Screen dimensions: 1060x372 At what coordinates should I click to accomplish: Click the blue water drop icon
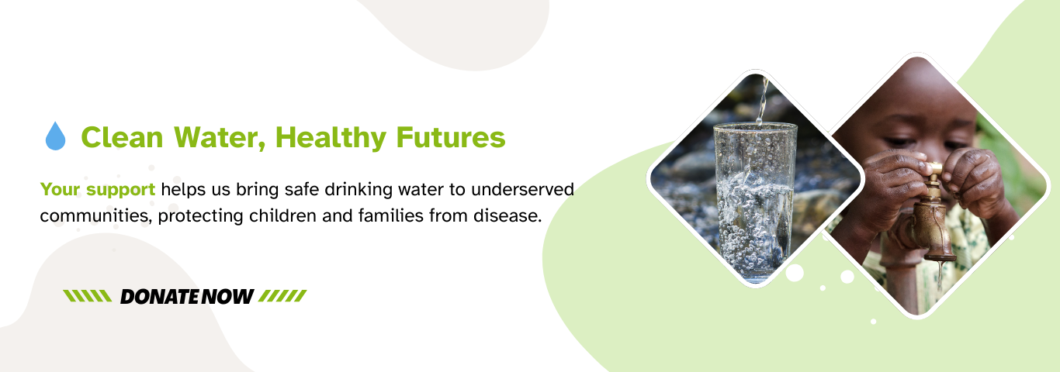pyautogui.click(x=55, y=136)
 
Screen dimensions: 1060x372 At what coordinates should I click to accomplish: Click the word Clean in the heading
pyautogui.click(x=122, y=137)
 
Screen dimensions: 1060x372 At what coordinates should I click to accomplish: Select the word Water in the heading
pyautogui.click(x=220, y=138)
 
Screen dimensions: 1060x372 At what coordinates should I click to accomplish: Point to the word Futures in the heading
pyautogui.click(x=451, y=137)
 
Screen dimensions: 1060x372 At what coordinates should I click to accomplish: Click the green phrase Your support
pyautogui.click(x=98, y=190)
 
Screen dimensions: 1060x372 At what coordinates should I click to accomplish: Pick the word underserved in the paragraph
pyautogui.click(x=522, y=189)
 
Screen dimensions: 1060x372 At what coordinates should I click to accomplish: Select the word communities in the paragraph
pyautogui.click(x=95, y=216)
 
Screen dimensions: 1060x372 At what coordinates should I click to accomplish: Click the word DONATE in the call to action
pyautogui.click(x=160, y=297)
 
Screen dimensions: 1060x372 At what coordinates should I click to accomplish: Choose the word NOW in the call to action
pyautogui.click(x=228, y=297)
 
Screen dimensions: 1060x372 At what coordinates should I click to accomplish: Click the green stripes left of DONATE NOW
pyautogui.click(x=88, y=296)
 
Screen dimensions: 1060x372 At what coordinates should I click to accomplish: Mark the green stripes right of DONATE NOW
pyautogui.click(x=282, y=296)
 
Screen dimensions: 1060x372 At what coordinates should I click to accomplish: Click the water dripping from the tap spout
pyautogui.click(x=939, y=276)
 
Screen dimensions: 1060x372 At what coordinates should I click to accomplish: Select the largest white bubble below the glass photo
pyautogui.click(x=795, y=273)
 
